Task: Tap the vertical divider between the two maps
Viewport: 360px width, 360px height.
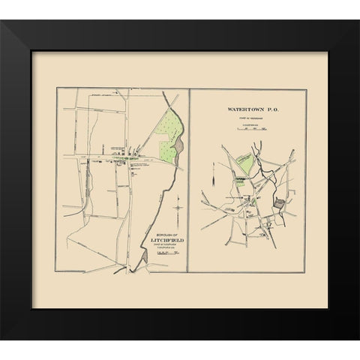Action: click(189, 180)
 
